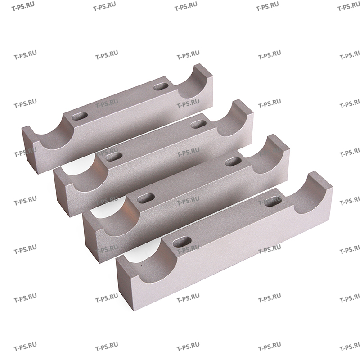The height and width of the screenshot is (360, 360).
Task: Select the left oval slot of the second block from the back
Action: pos(114,156)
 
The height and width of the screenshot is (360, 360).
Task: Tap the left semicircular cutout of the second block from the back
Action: pos(85,173)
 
